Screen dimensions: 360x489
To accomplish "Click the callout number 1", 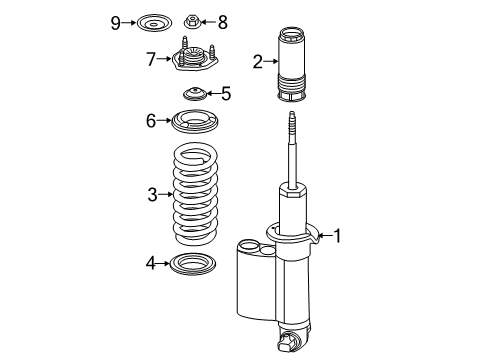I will coord(339,236).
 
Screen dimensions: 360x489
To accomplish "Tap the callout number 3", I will coord(153,195).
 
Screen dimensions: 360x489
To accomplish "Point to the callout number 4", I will coord(150,264).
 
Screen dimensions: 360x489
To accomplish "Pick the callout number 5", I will coord(226,94).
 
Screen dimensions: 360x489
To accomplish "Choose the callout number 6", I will coord(151,121).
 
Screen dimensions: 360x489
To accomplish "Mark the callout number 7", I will coord(151,59).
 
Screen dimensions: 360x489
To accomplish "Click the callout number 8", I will coord(223,20).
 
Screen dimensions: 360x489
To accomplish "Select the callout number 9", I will coord(115,20).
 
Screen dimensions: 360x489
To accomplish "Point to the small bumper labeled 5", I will coord(194,95).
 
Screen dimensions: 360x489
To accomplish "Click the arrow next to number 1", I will coord(323,236).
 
